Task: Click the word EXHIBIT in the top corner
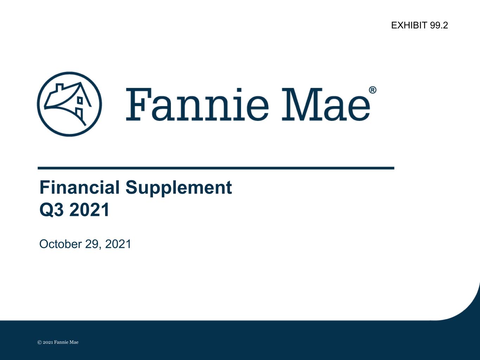[x=409, y=25]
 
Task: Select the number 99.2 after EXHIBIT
[x=439, y=25]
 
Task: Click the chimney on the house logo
[x=59, y=88]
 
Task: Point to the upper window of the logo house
[x=80, y=100]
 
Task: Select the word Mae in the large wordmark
[x=326, y=104]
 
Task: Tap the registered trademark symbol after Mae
[x=373, y=90]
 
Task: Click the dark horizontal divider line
[x=216, y=168]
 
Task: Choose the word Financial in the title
[x=79, y=187]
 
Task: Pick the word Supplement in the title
[x=179, y=188]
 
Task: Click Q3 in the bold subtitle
[x=52, y=210]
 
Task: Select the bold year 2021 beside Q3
[x=89, y=210]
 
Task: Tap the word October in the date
[x=60, y=244]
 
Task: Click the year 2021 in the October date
[x=118, y=244]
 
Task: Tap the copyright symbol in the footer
[x=39, y=342]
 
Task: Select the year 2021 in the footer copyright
[x=48, y=342]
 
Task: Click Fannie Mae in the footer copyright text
[x=66, y=342]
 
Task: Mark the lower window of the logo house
[x=79, y=113]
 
